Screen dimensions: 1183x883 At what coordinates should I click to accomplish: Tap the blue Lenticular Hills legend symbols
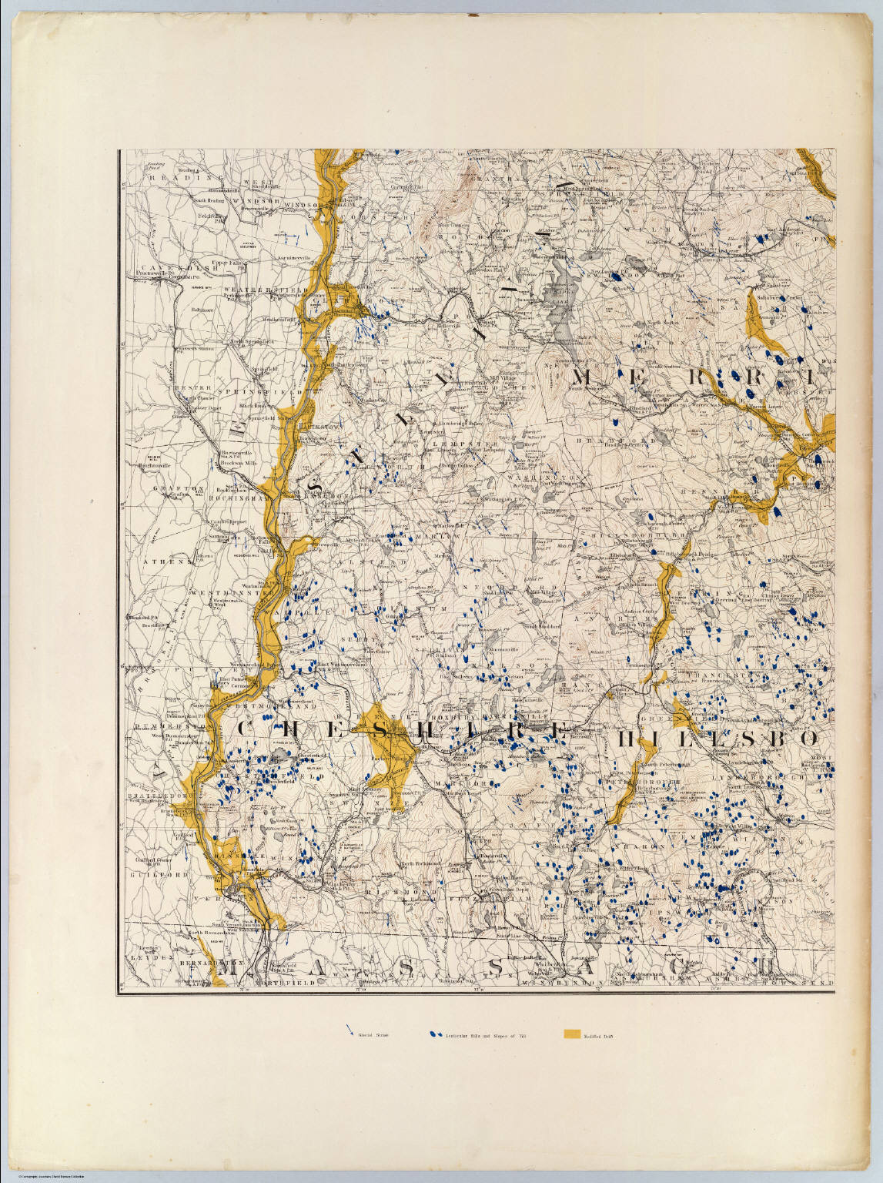point(436,1034)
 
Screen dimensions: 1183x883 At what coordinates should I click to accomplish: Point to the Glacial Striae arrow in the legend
point(351,1031)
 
